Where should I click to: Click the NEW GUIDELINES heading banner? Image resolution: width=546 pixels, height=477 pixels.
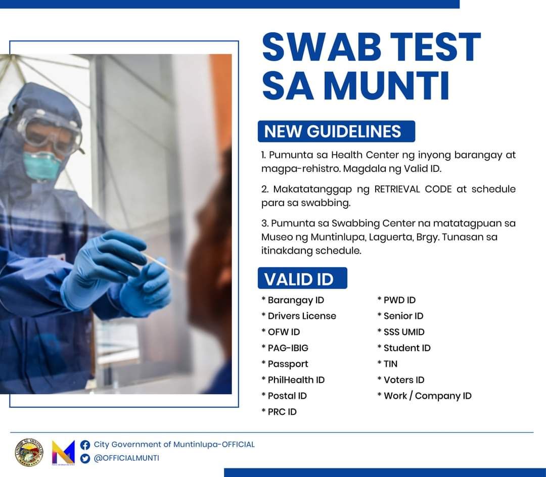(x=336, y=131)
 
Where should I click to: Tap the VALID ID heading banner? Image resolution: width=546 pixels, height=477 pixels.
(x=302, y=278)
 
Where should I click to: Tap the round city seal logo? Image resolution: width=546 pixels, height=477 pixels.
(x=29, y=452)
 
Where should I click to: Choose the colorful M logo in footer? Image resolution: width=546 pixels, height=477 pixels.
(x=63, y=452)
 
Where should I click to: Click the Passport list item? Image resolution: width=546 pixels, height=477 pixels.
(x=287, y=364)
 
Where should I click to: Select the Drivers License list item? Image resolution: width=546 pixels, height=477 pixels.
(x=301, y=316)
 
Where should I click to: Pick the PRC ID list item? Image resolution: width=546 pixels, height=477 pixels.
(x=282, y=412)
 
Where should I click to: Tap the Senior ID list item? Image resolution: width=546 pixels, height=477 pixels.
(x=403, y=316)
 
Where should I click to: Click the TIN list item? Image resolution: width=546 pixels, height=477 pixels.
(x=390, y=364)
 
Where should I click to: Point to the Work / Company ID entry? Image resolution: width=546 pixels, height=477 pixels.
(x=427, y=396)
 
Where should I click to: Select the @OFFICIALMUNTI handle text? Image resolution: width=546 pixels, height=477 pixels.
(x=126, y=458)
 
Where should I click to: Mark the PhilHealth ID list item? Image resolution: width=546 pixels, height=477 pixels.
(x=296, y=380)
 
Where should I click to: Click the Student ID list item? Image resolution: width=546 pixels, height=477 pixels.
(x=406, y=348)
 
